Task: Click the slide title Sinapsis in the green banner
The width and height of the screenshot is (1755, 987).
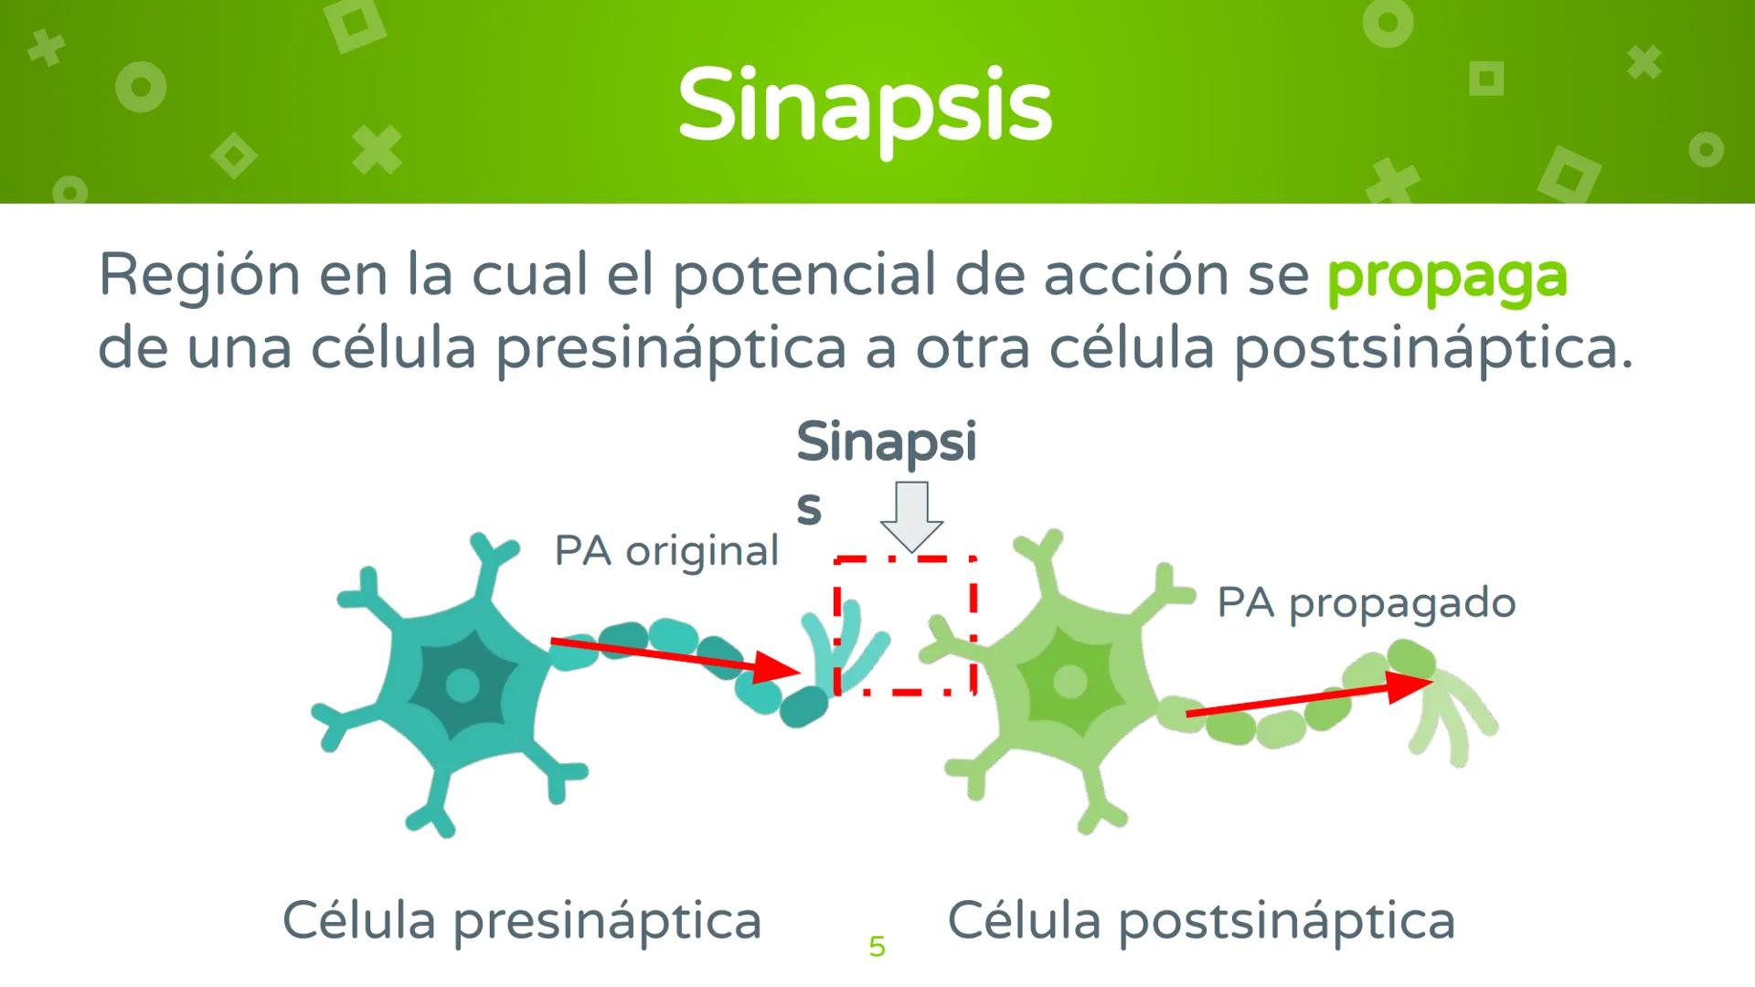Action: pyautogui.click(x=865, y=107)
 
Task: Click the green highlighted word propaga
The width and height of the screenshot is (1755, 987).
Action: pyautogui.click(x=1446, y=275)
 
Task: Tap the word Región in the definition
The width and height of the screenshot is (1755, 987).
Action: pyautogui.click(x=198, y=275)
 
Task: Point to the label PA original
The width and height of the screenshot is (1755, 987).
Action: pyautogui.click(x=666, y=551)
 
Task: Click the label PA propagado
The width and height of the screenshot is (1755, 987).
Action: pyautogui.click(x=1366, y=603)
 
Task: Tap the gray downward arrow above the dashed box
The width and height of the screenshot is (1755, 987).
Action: pyautogui.click(x=911, y=516)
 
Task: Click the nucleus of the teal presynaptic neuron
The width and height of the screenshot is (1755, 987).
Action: pyautogui.click(x=463, y=684)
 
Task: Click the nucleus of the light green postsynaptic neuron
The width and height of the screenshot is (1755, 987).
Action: pyautogui.click(x=1069, y=681)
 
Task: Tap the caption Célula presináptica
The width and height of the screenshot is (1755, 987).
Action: pyautogui.click(x=521, y=920)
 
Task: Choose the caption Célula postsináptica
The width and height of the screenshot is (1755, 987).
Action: pyautogui.click(x=1200, y=920)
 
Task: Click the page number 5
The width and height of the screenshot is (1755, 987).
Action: pyautogui.click(x=877, y=946)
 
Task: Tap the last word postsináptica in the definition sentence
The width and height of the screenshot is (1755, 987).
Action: pyautogui.click(x=1431, y=349)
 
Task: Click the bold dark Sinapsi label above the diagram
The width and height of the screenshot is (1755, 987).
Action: pyautogui.click(x=886, y=443)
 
